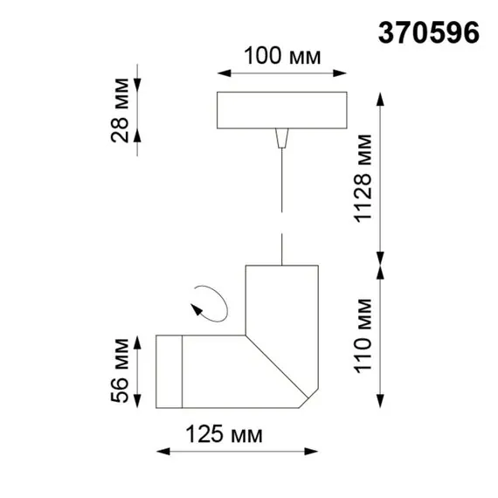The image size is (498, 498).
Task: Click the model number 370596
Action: [x=428, y=32]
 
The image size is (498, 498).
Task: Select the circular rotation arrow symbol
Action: [x=211, y=302]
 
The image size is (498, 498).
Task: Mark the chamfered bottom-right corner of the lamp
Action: [x=307, y=398]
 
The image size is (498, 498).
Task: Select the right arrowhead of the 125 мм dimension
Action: [x=313, y=452]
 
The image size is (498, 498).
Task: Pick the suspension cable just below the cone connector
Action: [x=280, y=166]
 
